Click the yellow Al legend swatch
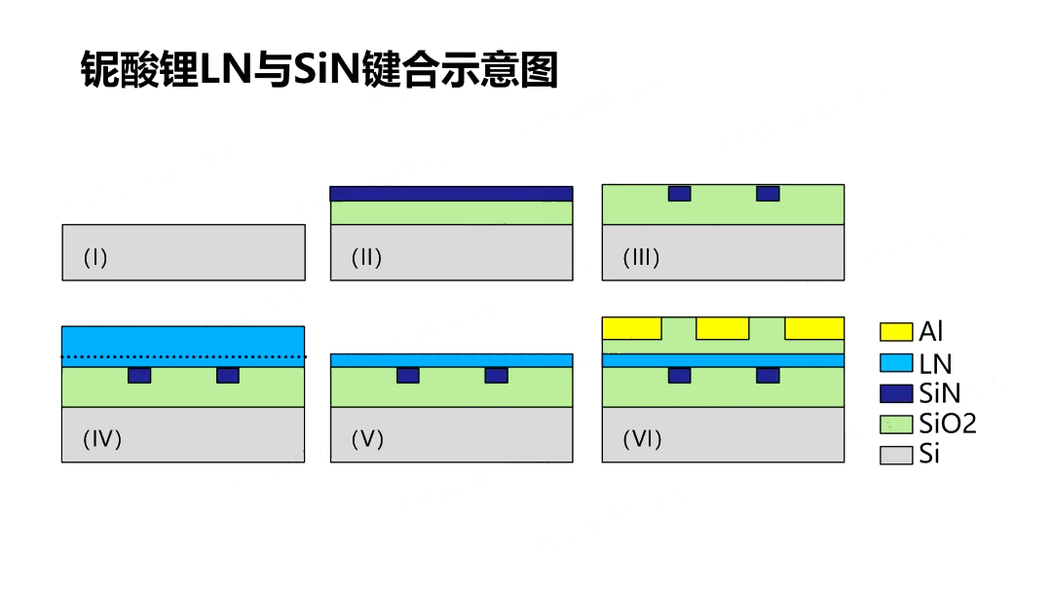click(896, 332)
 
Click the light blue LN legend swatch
click(896, 363)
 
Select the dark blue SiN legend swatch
click(896, 393)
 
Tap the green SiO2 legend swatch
click(896, 424)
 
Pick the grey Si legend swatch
click(896, 454)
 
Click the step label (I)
click(95, 258)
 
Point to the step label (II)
click(366, 258)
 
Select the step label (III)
click(641, 258)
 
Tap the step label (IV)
click(102, 439)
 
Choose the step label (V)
click(367, 439)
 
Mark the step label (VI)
click(642, 439)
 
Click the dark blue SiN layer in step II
click(451, 194)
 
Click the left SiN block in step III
click(679, 194)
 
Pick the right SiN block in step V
click(496, 376)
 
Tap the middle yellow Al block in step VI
click(723, 328)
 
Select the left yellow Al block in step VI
click(631, 328)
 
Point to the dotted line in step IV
click(183, 357)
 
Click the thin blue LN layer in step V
click(451, 360)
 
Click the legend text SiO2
click(947, 424)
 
